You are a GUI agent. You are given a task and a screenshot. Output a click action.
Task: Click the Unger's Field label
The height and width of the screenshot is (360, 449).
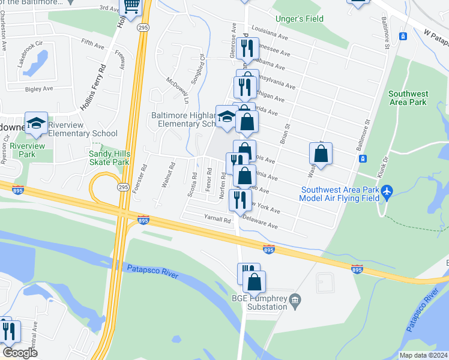pyautogui.click(x=299, y=19)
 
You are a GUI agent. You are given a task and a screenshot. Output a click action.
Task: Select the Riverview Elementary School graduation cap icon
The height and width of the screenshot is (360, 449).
pyautogui.click(x=36, y=123)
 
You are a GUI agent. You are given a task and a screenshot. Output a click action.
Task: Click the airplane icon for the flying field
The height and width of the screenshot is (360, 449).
pyautogui.click(x=387, y=191)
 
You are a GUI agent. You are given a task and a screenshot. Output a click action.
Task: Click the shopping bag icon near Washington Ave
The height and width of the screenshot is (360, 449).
pyautogui.click(x=321, y=154)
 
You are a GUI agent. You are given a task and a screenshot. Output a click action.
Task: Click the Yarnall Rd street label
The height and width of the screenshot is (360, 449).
pyautogui.click(x=217, y=220)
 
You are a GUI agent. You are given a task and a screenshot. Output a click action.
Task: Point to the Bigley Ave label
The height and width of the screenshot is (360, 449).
pyautogui.click(x=39, y=89)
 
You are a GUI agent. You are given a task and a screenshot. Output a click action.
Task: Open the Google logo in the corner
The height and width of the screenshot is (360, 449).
pyautogui.click(x=19, y=352)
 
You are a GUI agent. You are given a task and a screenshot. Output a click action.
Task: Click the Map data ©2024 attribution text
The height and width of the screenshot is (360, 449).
pyautogui.click(x=423, y=355)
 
